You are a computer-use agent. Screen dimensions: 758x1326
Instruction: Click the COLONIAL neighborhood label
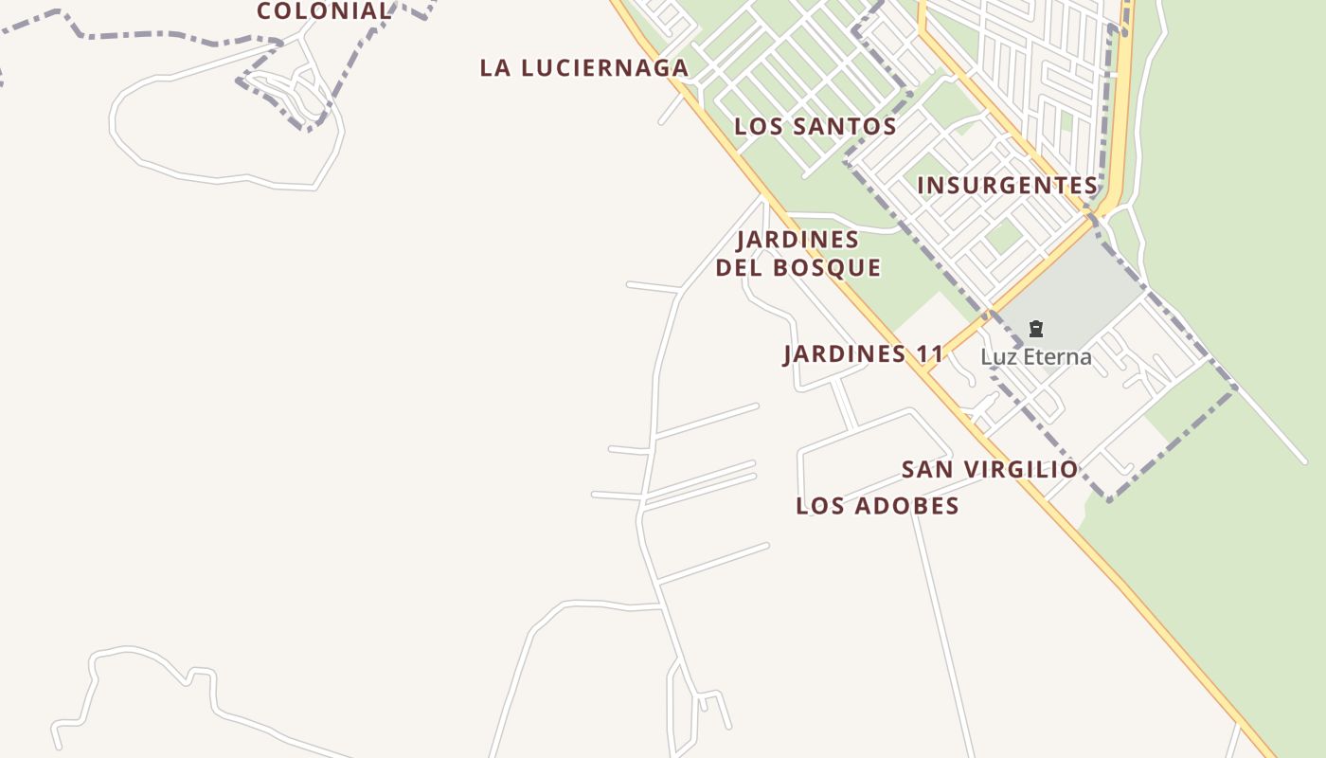click(324, 11)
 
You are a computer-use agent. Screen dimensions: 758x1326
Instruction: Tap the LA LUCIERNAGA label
click(584, 68)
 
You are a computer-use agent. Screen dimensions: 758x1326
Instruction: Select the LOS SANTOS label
click(815, 126)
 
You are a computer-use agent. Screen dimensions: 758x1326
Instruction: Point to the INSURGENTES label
click(1008, 185)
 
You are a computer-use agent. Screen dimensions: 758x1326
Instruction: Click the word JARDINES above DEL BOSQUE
click(798, 239)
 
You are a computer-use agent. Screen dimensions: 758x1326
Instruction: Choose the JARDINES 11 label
click(864, 354)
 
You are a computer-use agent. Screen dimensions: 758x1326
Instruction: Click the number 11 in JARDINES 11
click(930, 354)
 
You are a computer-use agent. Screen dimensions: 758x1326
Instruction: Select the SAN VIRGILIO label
click(990, 469)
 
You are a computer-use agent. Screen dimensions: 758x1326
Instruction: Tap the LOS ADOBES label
click(878, 506)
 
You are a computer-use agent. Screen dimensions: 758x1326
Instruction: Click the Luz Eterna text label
click(1035, 357)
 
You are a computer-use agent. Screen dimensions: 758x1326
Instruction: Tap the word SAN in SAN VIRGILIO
click(924, 469)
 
